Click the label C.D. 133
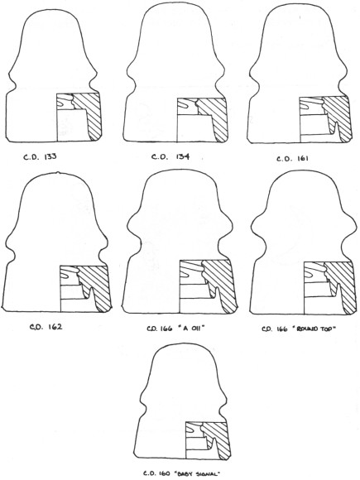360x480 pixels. point(40,156)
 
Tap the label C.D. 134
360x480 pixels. point(170,156)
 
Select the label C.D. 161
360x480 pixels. point(293,159)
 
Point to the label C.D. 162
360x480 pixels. point(46,327)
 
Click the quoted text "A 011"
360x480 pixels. point(190,329)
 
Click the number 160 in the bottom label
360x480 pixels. point(164,473)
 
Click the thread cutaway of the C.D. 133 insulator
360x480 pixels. point(65,101)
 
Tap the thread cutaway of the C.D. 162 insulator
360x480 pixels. point(69,275)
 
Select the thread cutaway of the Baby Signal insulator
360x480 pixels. point(194,429)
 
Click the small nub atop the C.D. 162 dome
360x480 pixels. point(58,173)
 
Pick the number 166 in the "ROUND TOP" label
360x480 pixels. point(281,329)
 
